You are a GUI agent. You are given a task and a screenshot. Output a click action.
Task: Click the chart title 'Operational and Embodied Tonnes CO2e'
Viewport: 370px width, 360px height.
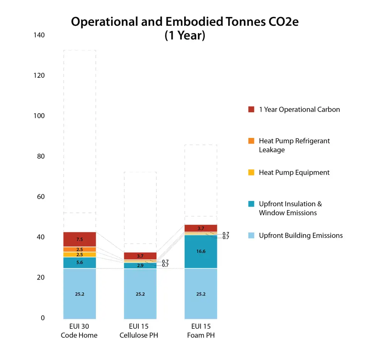[185, 22]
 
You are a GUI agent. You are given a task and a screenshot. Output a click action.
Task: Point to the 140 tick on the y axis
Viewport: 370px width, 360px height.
[39, 35]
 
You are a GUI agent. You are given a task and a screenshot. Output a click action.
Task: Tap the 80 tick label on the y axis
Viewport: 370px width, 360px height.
[40, 156]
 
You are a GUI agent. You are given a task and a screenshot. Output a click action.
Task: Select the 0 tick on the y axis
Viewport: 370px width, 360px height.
[42, 318]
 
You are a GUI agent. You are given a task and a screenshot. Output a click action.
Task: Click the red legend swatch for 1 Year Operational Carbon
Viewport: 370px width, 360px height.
[251, 109]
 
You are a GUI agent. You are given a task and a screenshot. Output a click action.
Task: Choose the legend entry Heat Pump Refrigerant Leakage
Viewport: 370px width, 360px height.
[294, 145]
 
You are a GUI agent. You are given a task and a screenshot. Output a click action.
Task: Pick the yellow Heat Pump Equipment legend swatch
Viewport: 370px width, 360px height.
[251, 172]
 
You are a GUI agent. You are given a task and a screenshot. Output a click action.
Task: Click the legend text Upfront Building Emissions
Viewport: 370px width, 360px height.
[301, 236]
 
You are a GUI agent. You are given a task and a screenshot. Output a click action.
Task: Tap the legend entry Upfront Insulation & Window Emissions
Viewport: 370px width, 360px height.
[290, 208]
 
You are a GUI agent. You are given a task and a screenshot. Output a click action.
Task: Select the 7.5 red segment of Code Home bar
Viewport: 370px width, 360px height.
[80, 239]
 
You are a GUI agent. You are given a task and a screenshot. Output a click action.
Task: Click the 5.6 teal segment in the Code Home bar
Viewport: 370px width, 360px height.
[80, 263]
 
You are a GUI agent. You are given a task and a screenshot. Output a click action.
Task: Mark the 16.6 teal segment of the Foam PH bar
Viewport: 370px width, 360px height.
[201, 251]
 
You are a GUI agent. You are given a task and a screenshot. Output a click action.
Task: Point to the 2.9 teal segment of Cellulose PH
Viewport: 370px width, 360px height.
[140, 266]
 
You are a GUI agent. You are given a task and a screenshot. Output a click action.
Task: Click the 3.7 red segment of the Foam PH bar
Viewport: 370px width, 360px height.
[201, 228]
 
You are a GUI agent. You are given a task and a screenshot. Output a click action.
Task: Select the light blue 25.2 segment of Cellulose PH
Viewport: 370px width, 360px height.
[140, 294]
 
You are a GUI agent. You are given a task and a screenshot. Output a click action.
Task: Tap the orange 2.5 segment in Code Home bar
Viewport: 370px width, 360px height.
[80, 249]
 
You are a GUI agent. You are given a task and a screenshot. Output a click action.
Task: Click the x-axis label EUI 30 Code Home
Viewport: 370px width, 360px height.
[79, 331]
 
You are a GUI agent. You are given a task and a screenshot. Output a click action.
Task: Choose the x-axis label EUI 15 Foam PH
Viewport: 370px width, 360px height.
[201, 331]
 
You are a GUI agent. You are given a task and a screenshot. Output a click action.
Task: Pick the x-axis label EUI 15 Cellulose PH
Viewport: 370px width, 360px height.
[139, 331]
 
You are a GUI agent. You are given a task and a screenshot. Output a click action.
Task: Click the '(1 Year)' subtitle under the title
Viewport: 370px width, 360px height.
[185, 35]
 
